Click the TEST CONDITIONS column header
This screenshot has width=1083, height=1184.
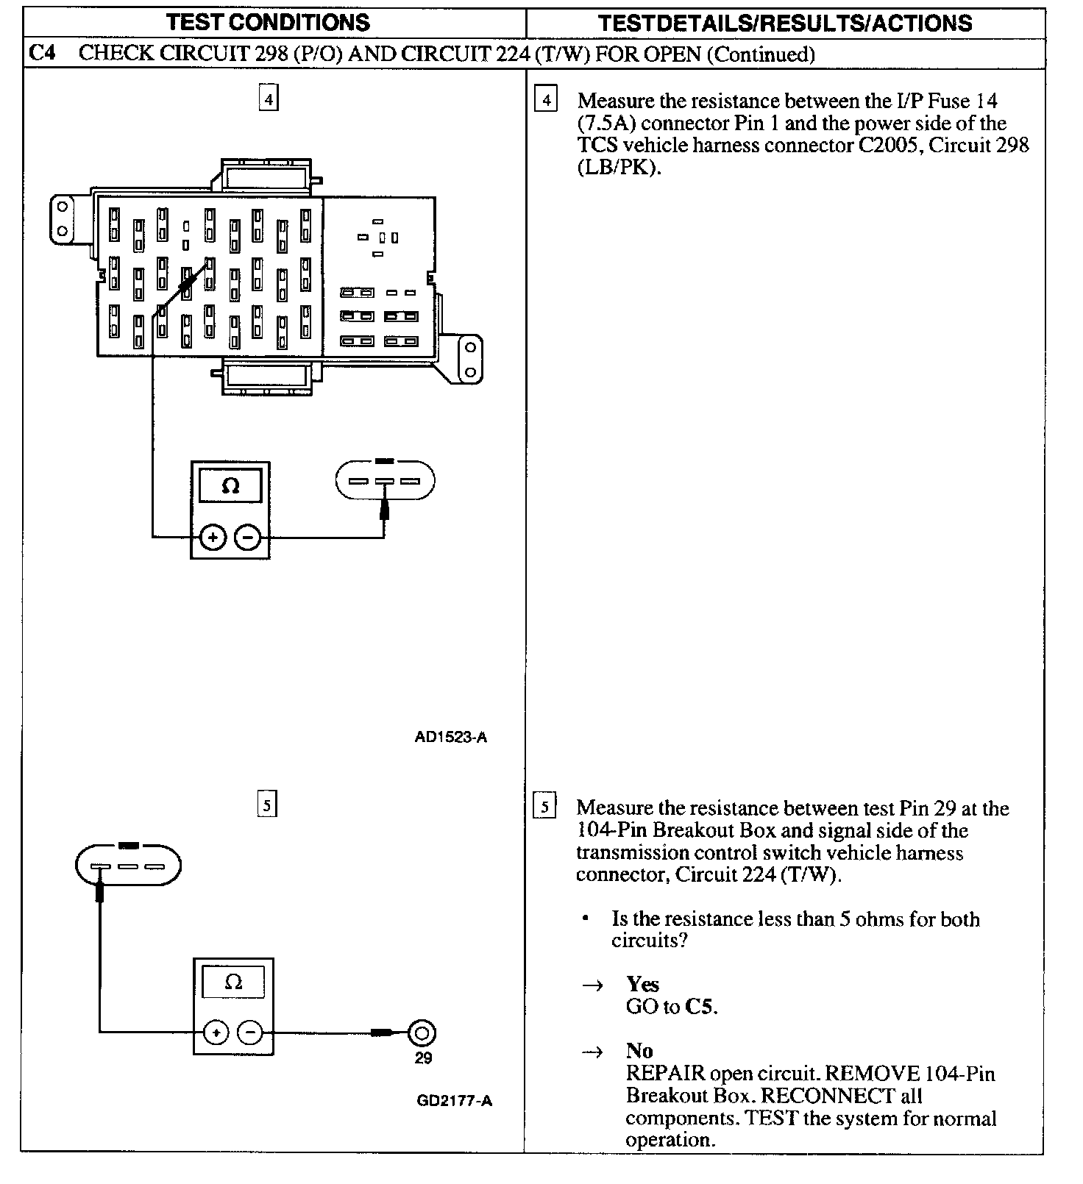coord(268,22)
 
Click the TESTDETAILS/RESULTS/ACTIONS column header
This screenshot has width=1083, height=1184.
coord(785,23)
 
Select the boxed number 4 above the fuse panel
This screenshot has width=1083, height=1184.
coord(269,99)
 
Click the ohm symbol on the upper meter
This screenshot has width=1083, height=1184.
coord(230,485)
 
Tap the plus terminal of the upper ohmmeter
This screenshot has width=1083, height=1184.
coord(213,538)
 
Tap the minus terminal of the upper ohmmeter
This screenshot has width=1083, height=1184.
coord(247,538)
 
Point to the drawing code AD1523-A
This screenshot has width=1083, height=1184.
coord(450,737)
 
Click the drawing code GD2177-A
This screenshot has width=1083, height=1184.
coord(454,1101)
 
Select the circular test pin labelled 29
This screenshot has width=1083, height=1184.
coord(422,1033)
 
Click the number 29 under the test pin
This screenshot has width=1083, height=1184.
coord(423,1058)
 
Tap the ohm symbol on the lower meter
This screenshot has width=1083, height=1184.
coord(233,982)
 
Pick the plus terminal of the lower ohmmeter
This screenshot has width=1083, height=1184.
coord(216,1033)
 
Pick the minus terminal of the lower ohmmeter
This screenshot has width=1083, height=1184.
coord(250,1033)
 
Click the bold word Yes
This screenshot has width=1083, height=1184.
coord(642,984)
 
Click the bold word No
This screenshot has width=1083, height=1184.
coord(639,1050)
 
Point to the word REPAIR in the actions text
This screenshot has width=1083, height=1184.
coord(665,1074)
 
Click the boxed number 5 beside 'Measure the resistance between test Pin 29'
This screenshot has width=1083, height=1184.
coord(544,807)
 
